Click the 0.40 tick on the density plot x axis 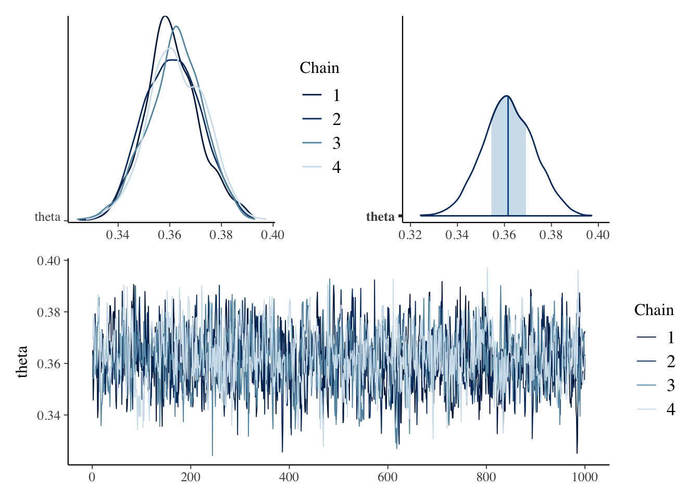point(272,235)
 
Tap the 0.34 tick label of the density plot point(118,235)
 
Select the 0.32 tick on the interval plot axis point(410,235)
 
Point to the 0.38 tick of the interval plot point(551,235)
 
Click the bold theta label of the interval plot point(380,217)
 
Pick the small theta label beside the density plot point(47,217)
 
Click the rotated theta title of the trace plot point(22,361)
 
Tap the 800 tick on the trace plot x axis point(486,477)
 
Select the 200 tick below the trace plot point(191,477)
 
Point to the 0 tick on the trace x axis point(92,477)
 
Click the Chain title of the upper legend point(319,68)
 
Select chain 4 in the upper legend point(336,167)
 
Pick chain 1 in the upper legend point(336,95)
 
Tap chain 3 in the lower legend point(670,385)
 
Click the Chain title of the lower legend point(654,310)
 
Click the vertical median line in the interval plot point(508,156)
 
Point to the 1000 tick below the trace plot point(584,477)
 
